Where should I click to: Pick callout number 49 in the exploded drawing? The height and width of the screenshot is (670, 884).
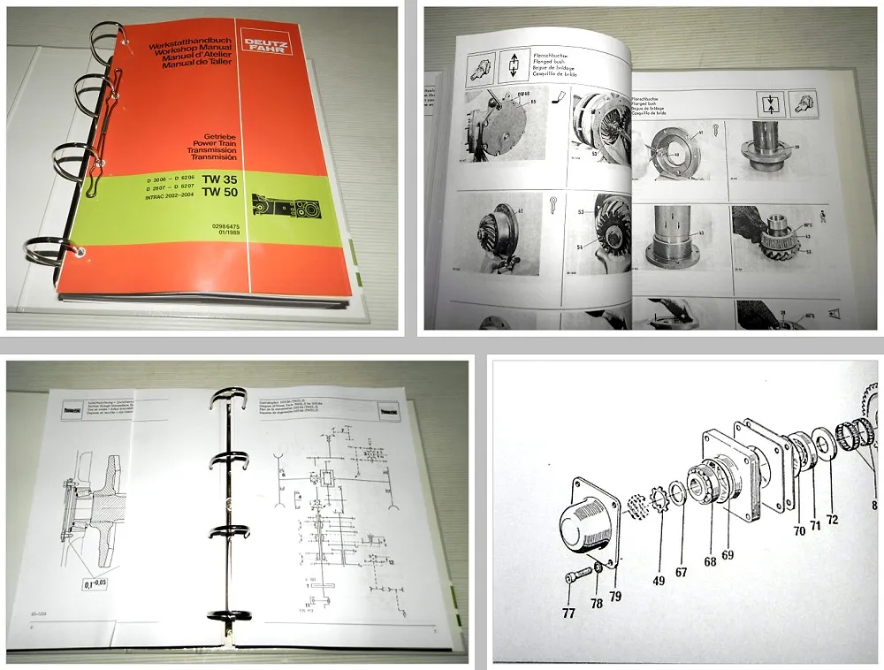[659, 580]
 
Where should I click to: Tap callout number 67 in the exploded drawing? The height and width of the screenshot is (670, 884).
[681, 572]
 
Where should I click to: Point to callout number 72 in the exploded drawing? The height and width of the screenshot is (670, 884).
[832, 519]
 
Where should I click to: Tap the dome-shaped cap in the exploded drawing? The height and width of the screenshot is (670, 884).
[579, 528]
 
